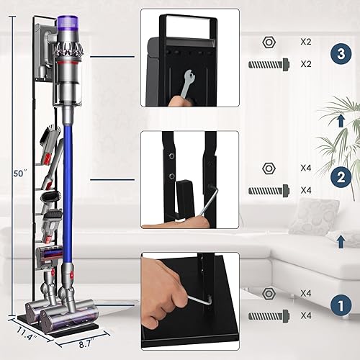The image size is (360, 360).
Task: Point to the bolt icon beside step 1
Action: pos(269,315)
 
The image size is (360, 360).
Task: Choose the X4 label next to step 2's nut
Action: pos(305,168)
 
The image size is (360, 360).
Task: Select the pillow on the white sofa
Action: pos(313,215)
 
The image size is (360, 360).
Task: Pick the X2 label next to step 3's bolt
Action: pos(305,64)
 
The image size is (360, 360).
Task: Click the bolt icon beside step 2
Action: pos(269,190)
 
